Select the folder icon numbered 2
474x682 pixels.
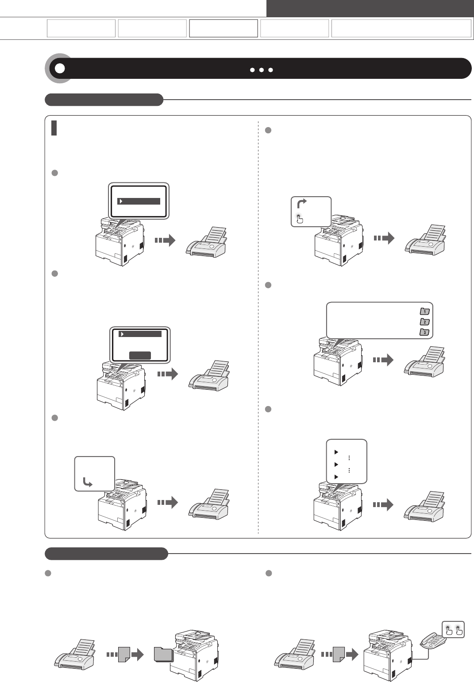(x=424, y=322)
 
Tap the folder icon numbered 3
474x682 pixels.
(x=424, y=332)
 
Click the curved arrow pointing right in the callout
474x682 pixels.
(x=302, y=204)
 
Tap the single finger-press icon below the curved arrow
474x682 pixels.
(x=300, y=218)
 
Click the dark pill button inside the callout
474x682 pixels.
(x=140, y=355)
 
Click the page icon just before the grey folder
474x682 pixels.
(x=125, y=655)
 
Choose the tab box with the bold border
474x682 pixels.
(x=224, y=28)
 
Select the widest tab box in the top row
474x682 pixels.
(x=401, y=28)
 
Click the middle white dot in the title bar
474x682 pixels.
(x=262, y=70)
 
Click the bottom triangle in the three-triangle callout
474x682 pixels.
(x=335, y=477)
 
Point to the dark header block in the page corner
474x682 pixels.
(x=370, y=8)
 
